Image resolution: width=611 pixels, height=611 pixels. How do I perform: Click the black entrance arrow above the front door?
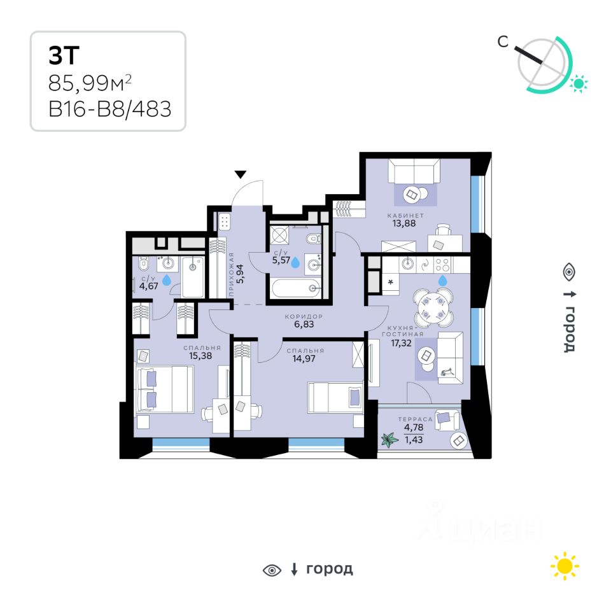pyautogui.click(x=240, y=174)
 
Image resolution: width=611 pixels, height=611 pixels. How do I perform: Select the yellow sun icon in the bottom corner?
pyautogui.click(x=565, y=566)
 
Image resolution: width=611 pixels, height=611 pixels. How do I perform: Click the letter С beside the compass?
pyautogui.click(x=503, y=42)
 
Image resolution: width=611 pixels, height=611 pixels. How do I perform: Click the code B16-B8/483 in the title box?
pyautogui.click(x=109, y=109)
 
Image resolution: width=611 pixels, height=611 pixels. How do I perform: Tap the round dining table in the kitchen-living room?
pyautogui.click(x=432, y=305)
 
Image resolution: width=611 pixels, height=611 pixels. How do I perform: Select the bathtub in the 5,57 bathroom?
pyautogui.click(x=296, y=289)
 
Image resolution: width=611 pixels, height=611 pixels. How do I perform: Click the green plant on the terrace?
pyautogui.click(x=389, y=440)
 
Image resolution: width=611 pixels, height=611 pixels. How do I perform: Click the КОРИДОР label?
pyautogui.click(x=305, y=316)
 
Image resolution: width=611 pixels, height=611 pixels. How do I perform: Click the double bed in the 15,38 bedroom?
pyautogui.click(x=164, y=390)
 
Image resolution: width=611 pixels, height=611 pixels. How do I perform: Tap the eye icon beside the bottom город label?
pyautogui.click(x=272, y=570)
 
